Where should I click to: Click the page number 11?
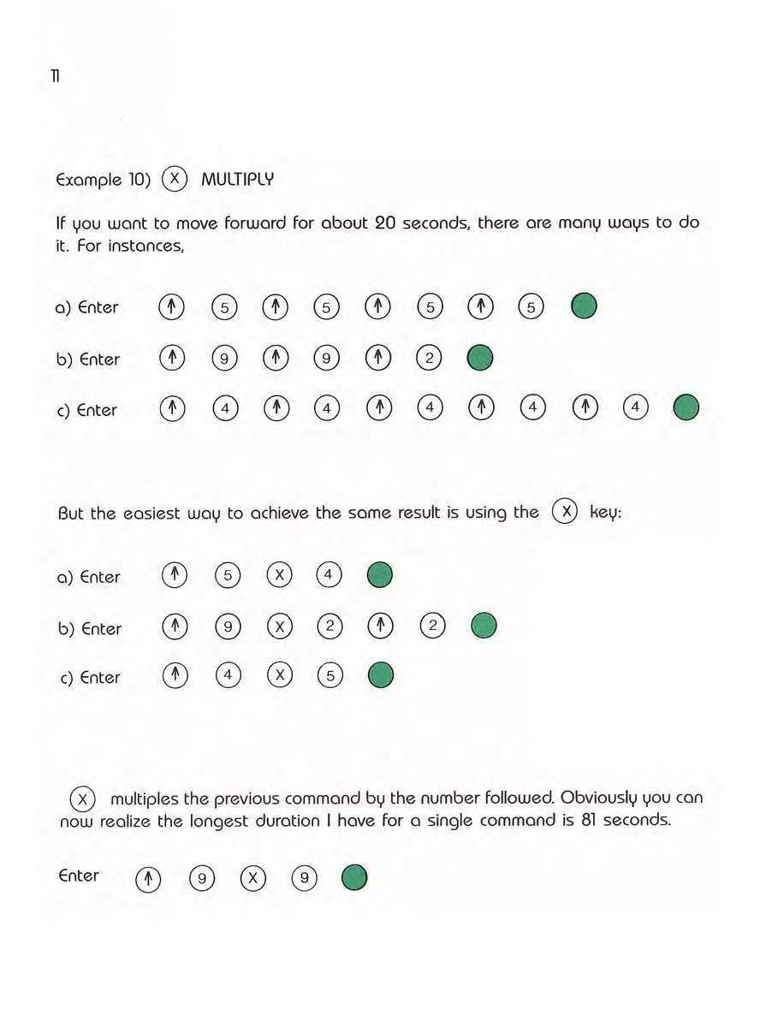(x=54, y=77)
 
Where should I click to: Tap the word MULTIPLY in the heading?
(x=237, y=180)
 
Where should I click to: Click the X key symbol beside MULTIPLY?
(x=174, y=179)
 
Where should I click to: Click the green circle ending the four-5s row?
(x=584, y=306)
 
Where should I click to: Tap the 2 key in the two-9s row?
(x=429, y=359)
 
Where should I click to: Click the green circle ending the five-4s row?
(x=686, y=409)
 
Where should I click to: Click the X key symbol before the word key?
(x=565, y=512)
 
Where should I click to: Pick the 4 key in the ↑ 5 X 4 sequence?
(x=329, y=576)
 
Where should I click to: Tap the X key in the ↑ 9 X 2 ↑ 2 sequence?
(x=278, y=627)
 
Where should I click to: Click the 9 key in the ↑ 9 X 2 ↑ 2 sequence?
(x=227, y=627)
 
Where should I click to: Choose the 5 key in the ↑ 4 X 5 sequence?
(x=330, y=676)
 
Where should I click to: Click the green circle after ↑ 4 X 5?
(x=381, y=676)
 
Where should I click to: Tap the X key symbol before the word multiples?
(x=81, y=798)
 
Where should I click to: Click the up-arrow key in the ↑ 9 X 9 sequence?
(x=149, y=877)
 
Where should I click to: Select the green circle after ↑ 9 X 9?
(x=354, y=877)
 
